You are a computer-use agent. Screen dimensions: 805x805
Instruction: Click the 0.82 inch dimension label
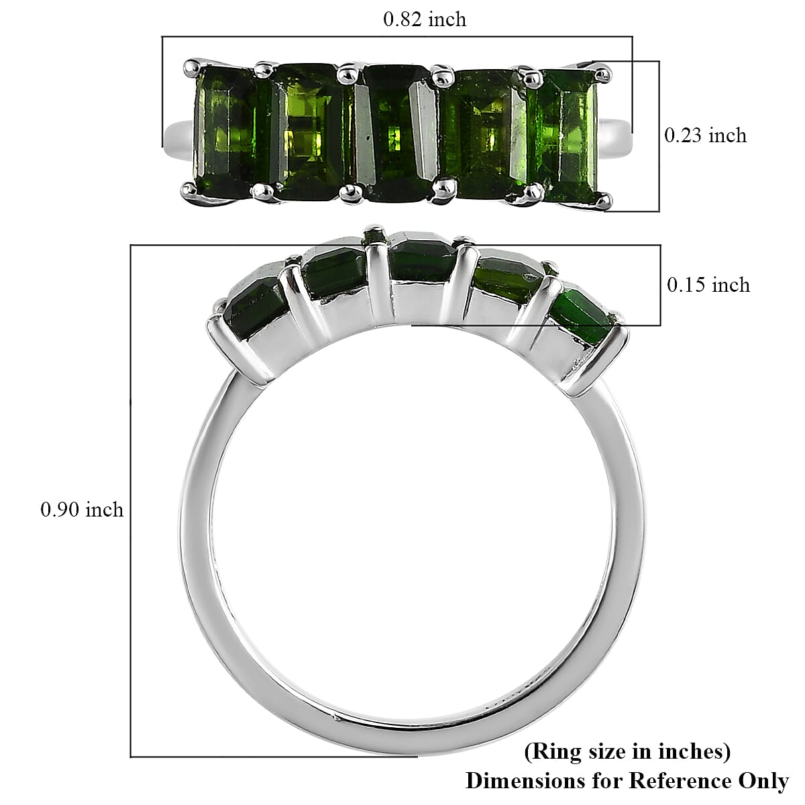[x=424, y=19]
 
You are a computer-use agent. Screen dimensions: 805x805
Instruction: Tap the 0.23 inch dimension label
[x=705, y=136]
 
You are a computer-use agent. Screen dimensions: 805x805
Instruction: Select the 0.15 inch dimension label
[x=708, y=285]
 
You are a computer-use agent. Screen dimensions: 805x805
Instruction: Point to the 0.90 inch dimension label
[x=82, y=510]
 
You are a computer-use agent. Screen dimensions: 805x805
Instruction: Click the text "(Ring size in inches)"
[x=627, y=751]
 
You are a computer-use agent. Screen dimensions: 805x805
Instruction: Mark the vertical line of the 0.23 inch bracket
[x=659, y=136]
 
